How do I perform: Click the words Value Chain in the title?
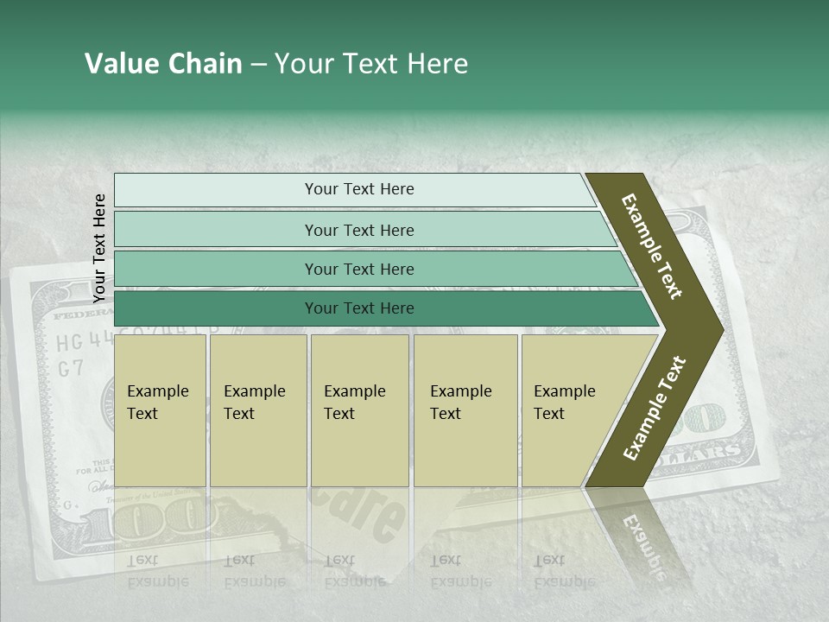tap(163, 64)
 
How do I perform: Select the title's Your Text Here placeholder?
tap(370, 64)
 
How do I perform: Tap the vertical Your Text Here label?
tap(99, 249)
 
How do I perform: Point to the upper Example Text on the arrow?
tap(652, 246)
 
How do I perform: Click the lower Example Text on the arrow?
tap(655, 408)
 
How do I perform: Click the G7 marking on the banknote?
tap(71, 368)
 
